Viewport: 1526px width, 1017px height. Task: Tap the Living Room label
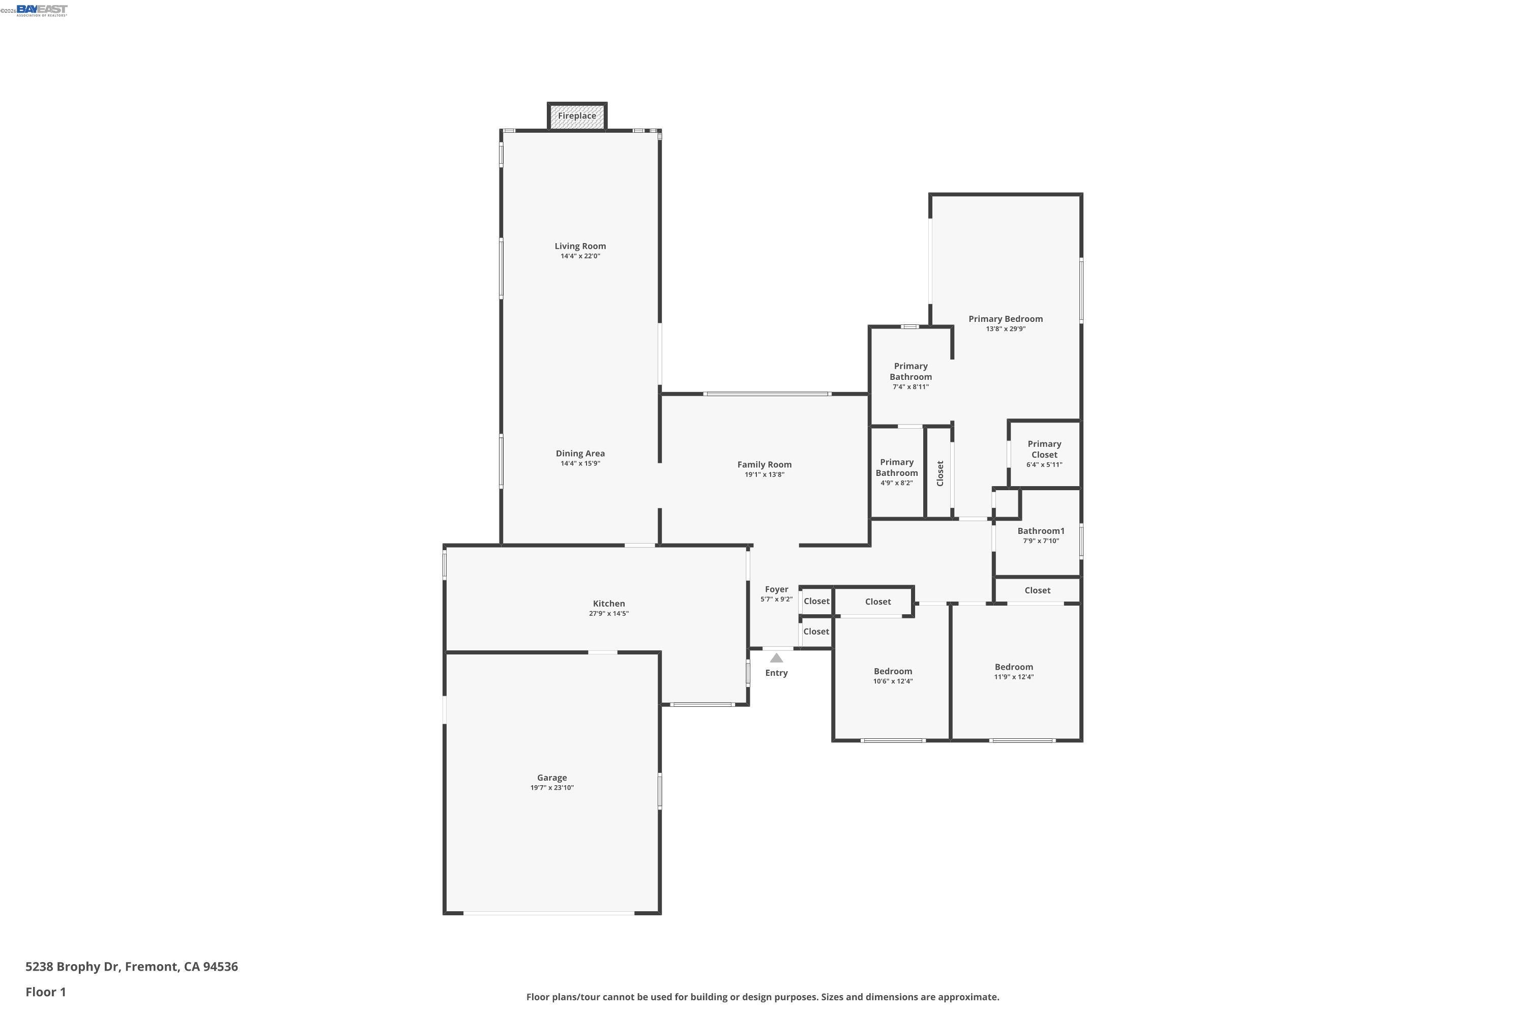(580, 246)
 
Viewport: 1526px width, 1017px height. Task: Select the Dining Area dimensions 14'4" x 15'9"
(580, 464)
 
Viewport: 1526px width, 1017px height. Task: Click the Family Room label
(765, 464)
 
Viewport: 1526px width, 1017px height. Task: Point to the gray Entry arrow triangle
(776, 657)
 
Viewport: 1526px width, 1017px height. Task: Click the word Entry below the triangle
(776, 673)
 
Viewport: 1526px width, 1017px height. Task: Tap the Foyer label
(776, 589)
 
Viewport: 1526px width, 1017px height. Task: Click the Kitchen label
(608, 603)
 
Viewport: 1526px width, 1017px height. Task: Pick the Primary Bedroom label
(1006, 318)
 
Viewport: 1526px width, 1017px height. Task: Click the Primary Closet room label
(1044, 450)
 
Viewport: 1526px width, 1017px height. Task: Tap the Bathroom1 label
(1041, 530)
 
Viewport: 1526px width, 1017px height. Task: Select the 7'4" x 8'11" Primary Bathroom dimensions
(911, 387)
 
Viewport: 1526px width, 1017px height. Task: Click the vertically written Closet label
(940, 473)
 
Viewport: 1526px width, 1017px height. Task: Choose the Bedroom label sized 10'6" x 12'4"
(893, 671)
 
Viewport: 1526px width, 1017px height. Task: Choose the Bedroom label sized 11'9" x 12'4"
(1013, 667)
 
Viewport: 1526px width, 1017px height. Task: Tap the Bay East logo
(42, 10)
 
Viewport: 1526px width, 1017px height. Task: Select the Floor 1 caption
(45, 992)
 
